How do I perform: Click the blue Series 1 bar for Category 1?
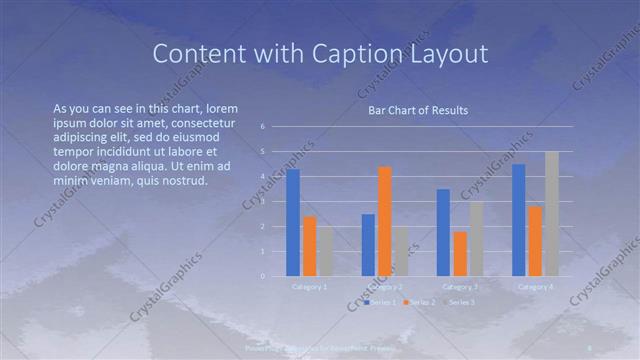click(x=293, y=222)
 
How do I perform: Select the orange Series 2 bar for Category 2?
click(x=385, y=221)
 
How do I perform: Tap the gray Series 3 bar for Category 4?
click(x=552, y=214)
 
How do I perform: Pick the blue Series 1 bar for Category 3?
click(x=443, y=232)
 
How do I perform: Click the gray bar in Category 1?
click(x=326, y=251)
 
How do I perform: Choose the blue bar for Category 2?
click(x=368, y=244)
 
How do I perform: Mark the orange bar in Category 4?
click(x=535, y=241)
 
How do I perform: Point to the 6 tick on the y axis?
click(x=261, y=127)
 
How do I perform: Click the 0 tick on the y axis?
click(x=261, y=276)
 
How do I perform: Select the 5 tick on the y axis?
click(x=261, y=152)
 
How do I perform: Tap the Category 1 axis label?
click(x=309, y=287)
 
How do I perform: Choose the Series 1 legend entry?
click(x=381, y=301)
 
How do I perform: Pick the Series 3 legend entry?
click(x=459, y=301)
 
